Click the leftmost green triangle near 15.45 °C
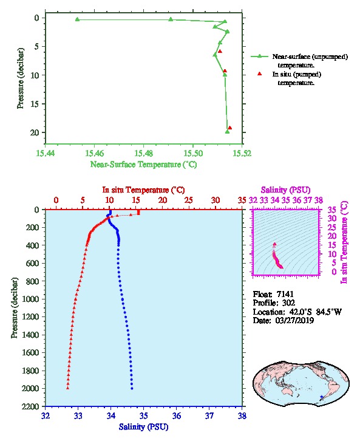pyautogui.click(x=77, y=19)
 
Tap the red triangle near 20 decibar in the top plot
pyautogui.click(x=230, y=128)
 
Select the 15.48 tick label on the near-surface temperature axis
pyautogui.click(x=144, y=153)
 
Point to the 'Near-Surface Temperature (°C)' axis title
pyautogui.click(x=144, y=164)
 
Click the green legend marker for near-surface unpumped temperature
pyautogui.click(x=259, y=56)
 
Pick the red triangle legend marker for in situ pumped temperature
pyautogui.click(x=259, y=73)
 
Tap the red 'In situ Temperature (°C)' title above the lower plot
pyautogui.click(x=144, y=190)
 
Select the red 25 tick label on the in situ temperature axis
pyautogui.click(x=189, y=200)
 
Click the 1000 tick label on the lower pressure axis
pyautogui.click(x=30, y=299)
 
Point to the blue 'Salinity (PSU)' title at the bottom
pyautogui.click(x=144, y=427)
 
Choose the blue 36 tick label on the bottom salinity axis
pyautogui.click(x=177, y=415)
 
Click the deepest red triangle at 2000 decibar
pyautogui.click(x=68, y=388)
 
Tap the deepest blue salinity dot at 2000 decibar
pyautogui.click(x=132, y=388)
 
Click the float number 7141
pyautogui.click(x=285, y=294)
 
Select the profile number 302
pyautogui.click(x=288, y=303)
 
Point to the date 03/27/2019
pyautogui.click(x=294, y=321)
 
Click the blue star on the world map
pyautogui.click(x=322, y=397)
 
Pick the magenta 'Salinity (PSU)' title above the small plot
pyautogui.click(x=286, y=190)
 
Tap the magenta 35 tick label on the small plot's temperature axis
pyautogui.click(x=332, y=210)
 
